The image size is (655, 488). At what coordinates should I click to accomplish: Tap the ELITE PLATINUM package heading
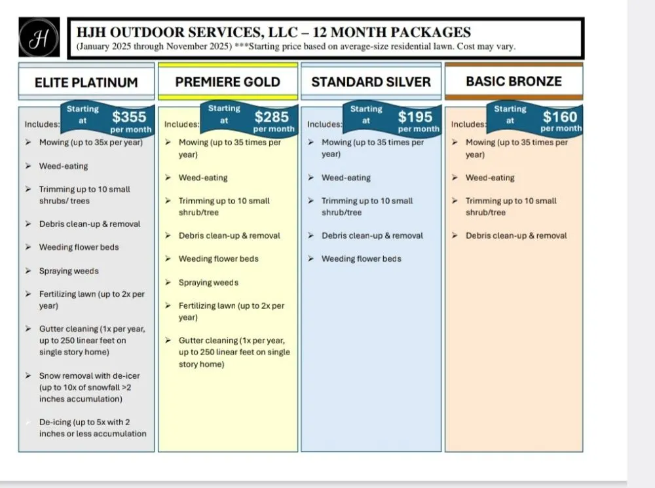click(86, 82)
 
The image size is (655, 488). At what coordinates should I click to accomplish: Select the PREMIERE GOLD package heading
click(227, 82)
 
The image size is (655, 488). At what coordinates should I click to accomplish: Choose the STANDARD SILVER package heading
click(371, 82)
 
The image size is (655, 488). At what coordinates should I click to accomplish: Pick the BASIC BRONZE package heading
click(514, 81)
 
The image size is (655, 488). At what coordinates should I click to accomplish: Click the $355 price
click(129, 117)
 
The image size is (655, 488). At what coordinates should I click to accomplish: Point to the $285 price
click(272, 117)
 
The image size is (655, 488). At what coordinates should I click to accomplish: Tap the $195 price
click(415, 117)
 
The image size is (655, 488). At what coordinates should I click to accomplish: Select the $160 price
click(560, 117)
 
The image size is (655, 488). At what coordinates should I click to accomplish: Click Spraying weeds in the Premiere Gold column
click(208, 283)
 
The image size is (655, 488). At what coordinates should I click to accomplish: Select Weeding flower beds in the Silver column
click(361, 259)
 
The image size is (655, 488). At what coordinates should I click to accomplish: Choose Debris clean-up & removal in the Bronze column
click(516, 235)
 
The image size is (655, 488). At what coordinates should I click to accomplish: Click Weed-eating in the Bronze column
click(490, 178)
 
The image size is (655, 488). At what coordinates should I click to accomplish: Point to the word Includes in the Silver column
click(324, 124)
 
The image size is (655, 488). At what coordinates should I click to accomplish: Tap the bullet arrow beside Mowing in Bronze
click(455, 143)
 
